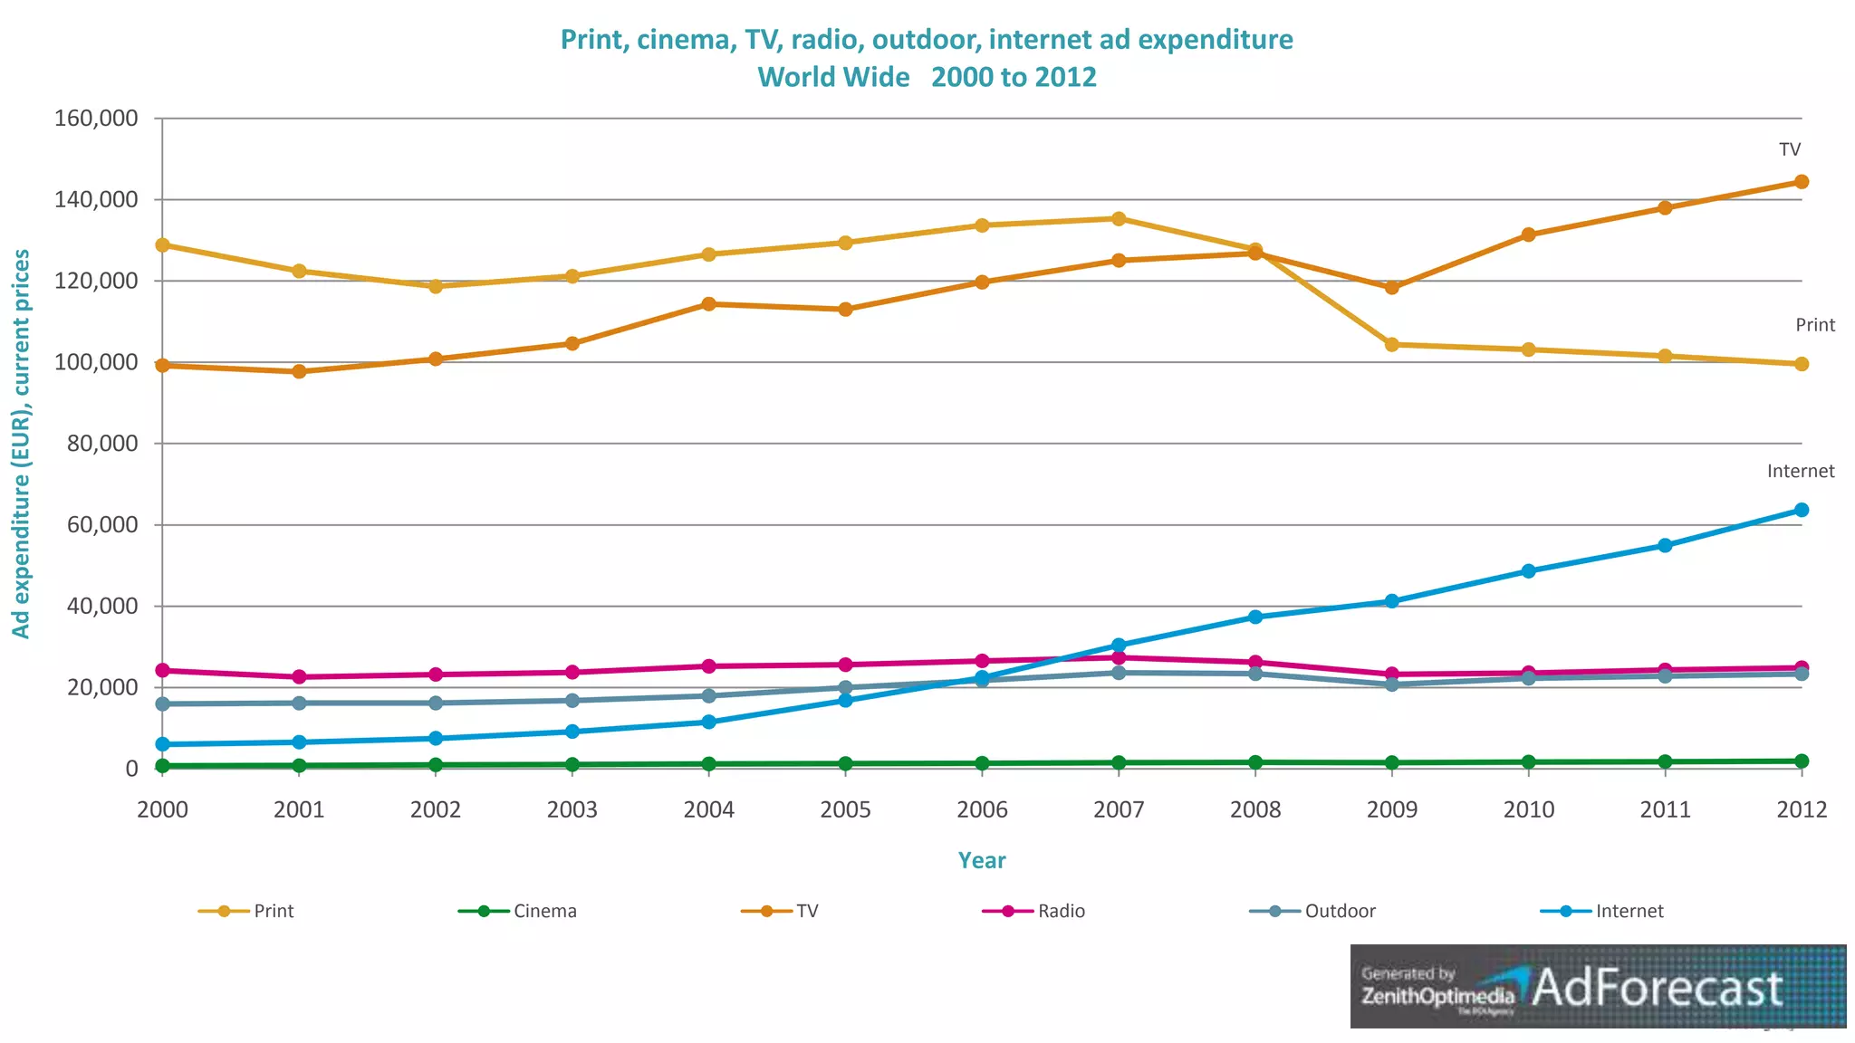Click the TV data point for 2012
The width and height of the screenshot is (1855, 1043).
[1802, 182]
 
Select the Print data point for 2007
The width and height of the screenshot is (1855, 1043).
[1119, 219]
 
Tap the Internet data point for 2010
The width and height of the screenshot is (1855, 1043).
[1529, 571]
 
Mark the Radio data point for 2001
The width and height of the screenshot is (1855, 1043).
[299, 677]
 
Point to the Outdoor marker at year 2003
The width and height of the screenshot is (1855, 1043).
[572, 701]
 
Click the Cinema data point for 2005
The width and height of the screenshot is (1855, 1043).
[845, 764]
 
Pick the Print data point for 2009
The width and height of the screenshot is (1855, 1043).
[1392, 345]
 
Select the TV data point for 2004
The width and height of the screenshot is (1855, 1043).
[708, 304]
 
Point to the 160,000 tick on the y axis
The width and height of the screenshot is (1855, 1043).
[96, 119]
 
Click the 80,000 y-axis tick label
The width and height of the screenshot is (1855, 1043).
[102, 444]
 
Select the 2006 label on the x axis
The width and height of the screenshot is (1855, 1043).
[982, 809]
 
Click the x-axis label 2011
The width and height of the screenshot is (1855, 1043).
[1665, 809]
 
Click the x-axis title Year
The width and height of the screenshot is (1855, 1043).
[982, 860]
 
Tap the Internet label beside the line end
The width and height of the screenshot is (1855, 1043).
[1800, 471]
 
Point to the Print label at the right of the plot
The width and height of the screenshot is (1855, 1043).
[1814, 325]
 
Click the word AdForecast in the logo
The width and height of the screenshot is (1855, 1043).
[1657, 988]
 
